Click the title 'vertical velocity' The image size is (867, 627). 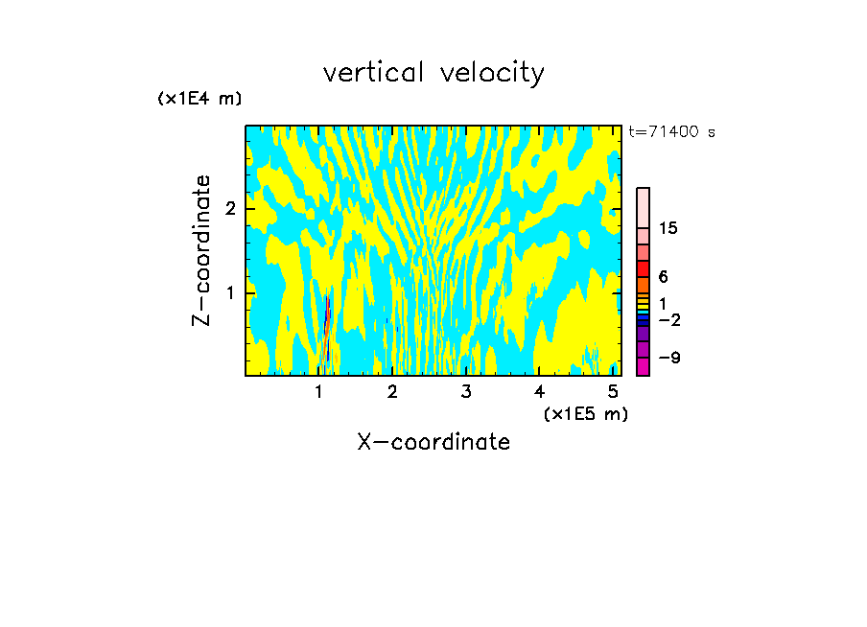pos(433,73)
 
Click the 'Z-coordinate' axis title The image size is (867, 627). pos(201,250)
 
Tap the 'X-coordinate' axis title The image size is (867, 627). pos(433,442)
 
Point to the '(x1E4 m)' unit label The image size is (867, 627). pos(199,99)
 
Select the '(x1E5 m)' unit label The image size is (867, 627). pos(585,413)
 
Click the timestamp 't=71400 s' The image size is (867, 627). pos(671,132)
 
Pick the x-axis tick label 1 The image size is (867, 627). pos(319,391)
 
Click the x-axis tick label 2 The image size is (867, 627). pos(392,391)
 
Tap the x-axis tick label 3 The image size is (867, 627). pos(466,391)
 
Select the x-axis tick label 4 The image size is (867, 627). pos(539,391)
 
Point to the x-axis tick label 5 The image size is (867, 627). pos(613,391)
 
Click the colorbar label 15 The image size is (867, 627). pos(668,228)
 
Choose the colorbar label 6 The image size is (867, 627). pos(663,277)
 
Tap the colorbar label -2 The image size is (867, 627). pos(668,319)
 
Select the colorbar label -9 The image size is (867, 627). pos(668,358)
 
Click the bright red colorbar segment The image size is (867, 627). pos(643,268)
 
